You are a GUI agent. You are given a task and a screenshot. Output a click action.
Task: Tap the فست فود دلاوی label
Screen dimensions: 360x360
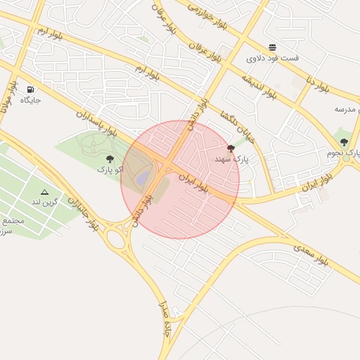pyautogui.click(x=273, y=58)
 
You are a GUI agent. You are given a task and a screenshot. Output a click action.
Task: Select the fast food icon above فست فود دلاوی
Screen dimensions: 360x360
pyautogui.click(x=272, y=48)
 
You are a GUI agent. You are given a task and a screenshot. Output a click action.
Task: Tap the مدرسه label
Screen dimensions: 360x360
pyautogui.click(x=347, y=110)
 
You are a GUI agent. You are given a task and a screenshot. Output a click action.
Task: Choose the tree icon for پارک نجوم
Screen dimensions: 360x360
pyautogui.click(x=344, y=143)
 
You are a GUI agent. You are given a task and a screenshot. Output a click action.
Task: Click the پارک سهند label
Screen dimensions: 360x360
pyautogui.click(x=232, y=160)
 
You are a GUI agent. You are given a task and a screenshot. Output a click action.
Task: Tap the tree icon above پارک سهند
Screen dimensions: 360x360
pyautogui.click(x=231, y=148)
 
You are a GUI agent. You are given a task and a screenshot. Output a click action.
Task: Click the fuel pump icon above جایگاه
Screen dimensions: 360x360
pyautogui.click(x=30, y=90)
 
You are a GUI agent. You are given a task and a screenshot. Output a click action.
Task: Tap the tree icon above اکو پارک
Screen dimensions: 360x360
pyautogui.click(x=110, y=159)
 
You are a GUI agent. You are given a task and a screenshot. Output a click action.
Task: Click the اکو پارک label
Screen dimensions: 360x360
pyautogui.click(x=110, y=169)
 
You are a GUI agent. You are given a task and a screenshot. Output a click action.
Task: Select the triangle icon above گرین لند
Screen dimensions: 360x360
pyautogui.click(x=45, y=192)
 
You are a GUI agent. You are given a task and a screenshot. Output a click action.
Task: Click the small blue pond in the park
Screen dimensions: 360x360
pyautogui.click(x=143, y=178)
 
